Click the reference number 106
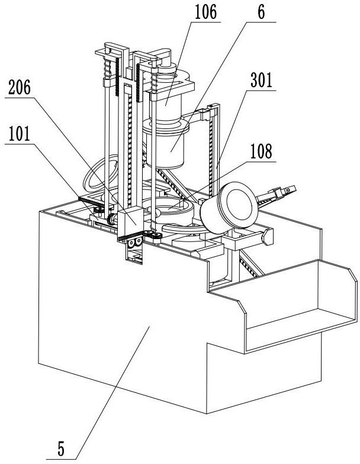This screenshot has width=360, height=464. coord(205,13)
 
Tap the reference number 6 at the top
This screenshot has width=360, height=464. coord(261,13)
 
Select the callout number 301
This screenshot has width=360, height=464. coord(262,80)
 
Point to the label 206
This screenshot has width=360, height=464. coord(19,88)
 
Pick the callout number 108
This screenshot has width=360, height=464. coord(262,152)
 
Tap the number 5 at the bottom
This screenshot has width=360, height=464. coord(60,449)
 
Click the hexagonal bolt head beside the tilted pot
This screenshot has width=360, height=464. coord(268,237)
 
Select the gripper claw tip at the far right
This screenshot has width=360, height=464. coord(290,189)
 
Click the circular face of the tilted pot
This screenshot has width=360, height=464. coord(239,205)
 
